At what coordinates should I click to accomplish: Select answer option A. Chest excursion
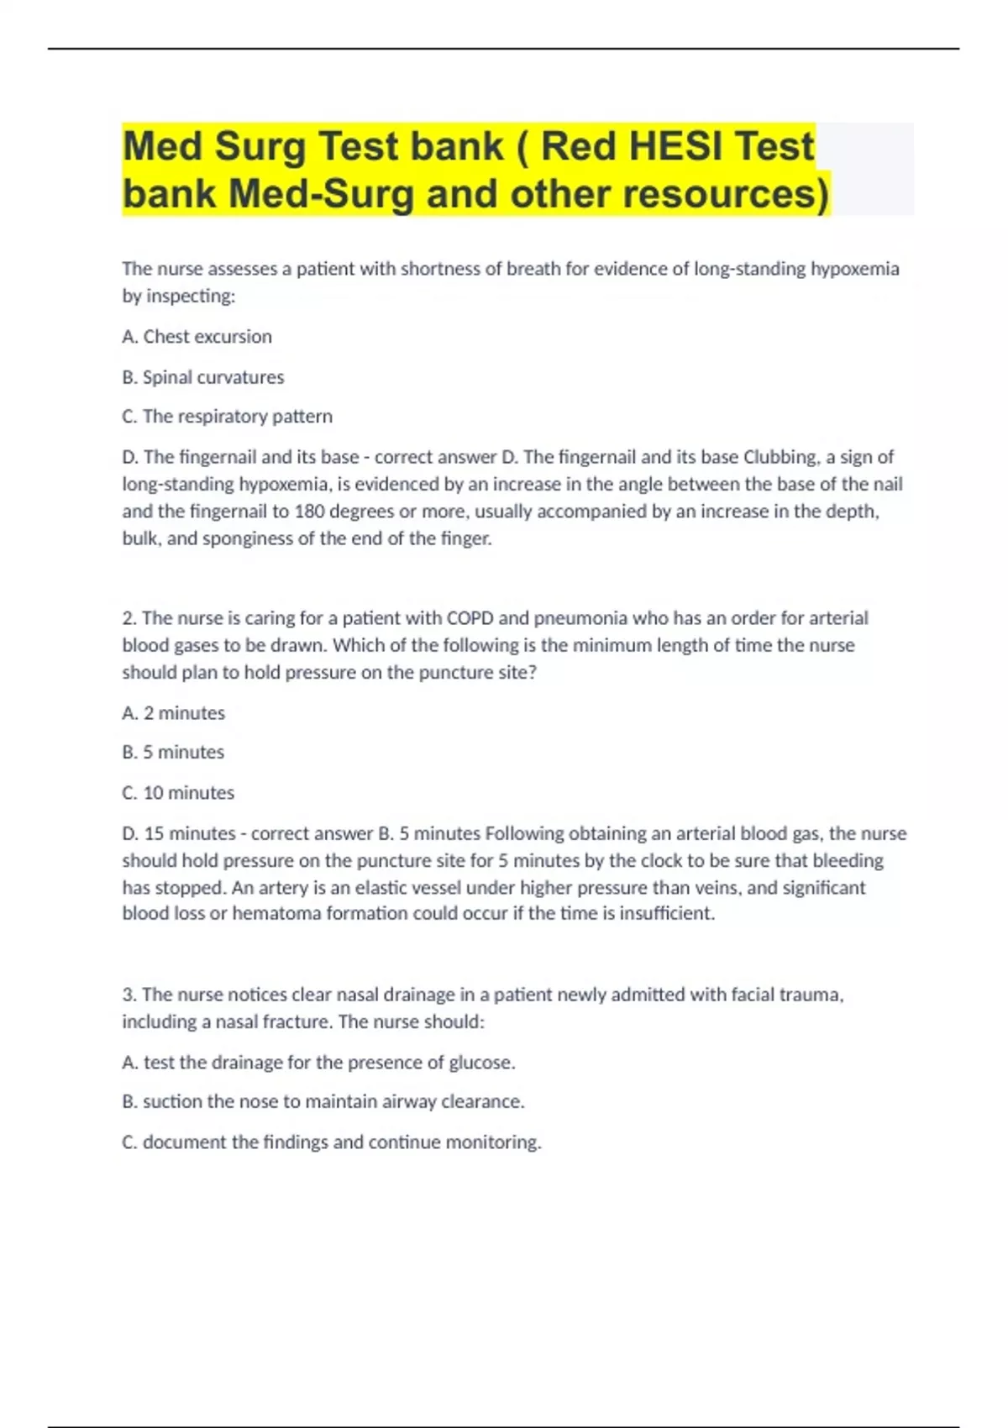point(197,337)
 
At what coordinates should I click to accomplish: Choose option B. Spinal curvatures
point(202,377)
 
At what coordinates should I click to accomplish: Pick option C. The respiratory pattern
point(227,417)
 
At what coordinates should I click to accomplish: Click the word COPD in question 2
point(470,618)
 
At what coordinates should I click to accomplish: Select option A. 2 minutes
point(173,713)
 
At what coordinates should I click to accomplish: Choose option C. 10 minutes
point(178,793)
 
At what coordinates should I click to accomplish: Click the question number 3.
point(129,995)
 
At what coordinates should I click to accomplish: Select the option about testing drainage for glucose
point(318,1063)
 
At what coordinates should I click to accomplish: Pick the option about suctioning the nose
point(323,1101)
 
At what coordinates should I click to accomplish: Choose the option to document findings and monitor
point(331,1142)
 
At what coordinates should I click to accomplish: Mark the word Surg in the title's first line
point(260,146)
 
